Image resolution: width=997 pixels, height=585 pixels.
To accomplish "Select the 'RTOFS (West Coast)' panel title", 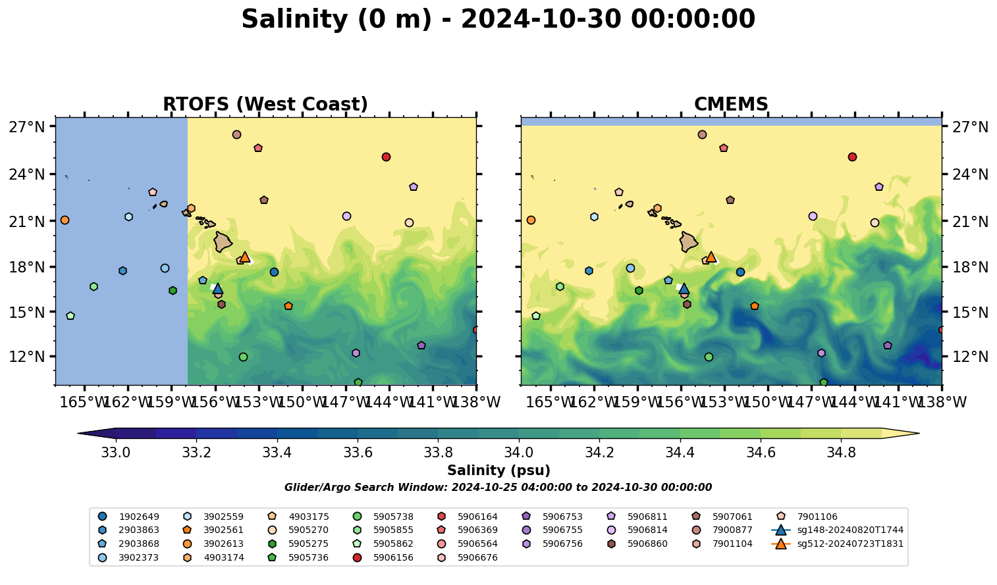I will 265,105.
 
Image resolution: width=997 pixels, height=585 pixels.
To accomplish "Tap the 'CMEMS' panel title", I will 731,105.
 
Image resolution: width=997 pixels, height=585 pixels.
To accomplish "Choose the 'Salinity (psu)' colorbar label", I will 498,471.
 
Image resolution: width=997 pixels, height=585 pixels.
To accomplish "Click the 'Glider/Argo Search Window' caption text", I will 498,488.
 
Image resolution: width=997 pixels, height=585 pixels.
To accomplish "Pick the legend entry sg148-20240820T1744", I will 849,530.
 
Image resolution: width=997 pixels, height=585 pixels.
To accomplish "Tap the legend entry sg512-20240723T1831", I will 849,544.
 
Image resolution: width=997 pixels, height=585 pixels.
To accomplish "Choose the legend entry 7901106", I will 817,517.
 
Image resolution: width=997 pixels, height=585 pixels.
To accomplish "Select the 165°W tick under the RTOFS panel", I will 83,401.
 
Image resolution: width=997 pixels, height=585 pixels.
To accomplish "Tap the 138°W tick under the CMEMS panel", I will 942,401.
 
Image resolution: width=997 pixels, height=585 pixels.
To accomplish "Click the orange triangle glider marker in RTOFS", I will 245,257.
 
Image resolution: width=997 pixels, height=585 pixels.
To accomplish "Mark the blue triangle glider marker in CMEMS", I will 684,288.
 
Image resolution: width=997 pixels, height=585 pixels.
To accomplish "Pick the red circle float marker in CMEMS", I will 852,157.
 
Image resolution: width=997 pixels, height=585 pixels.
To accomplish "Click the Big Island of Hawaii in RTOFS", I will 223,242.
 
